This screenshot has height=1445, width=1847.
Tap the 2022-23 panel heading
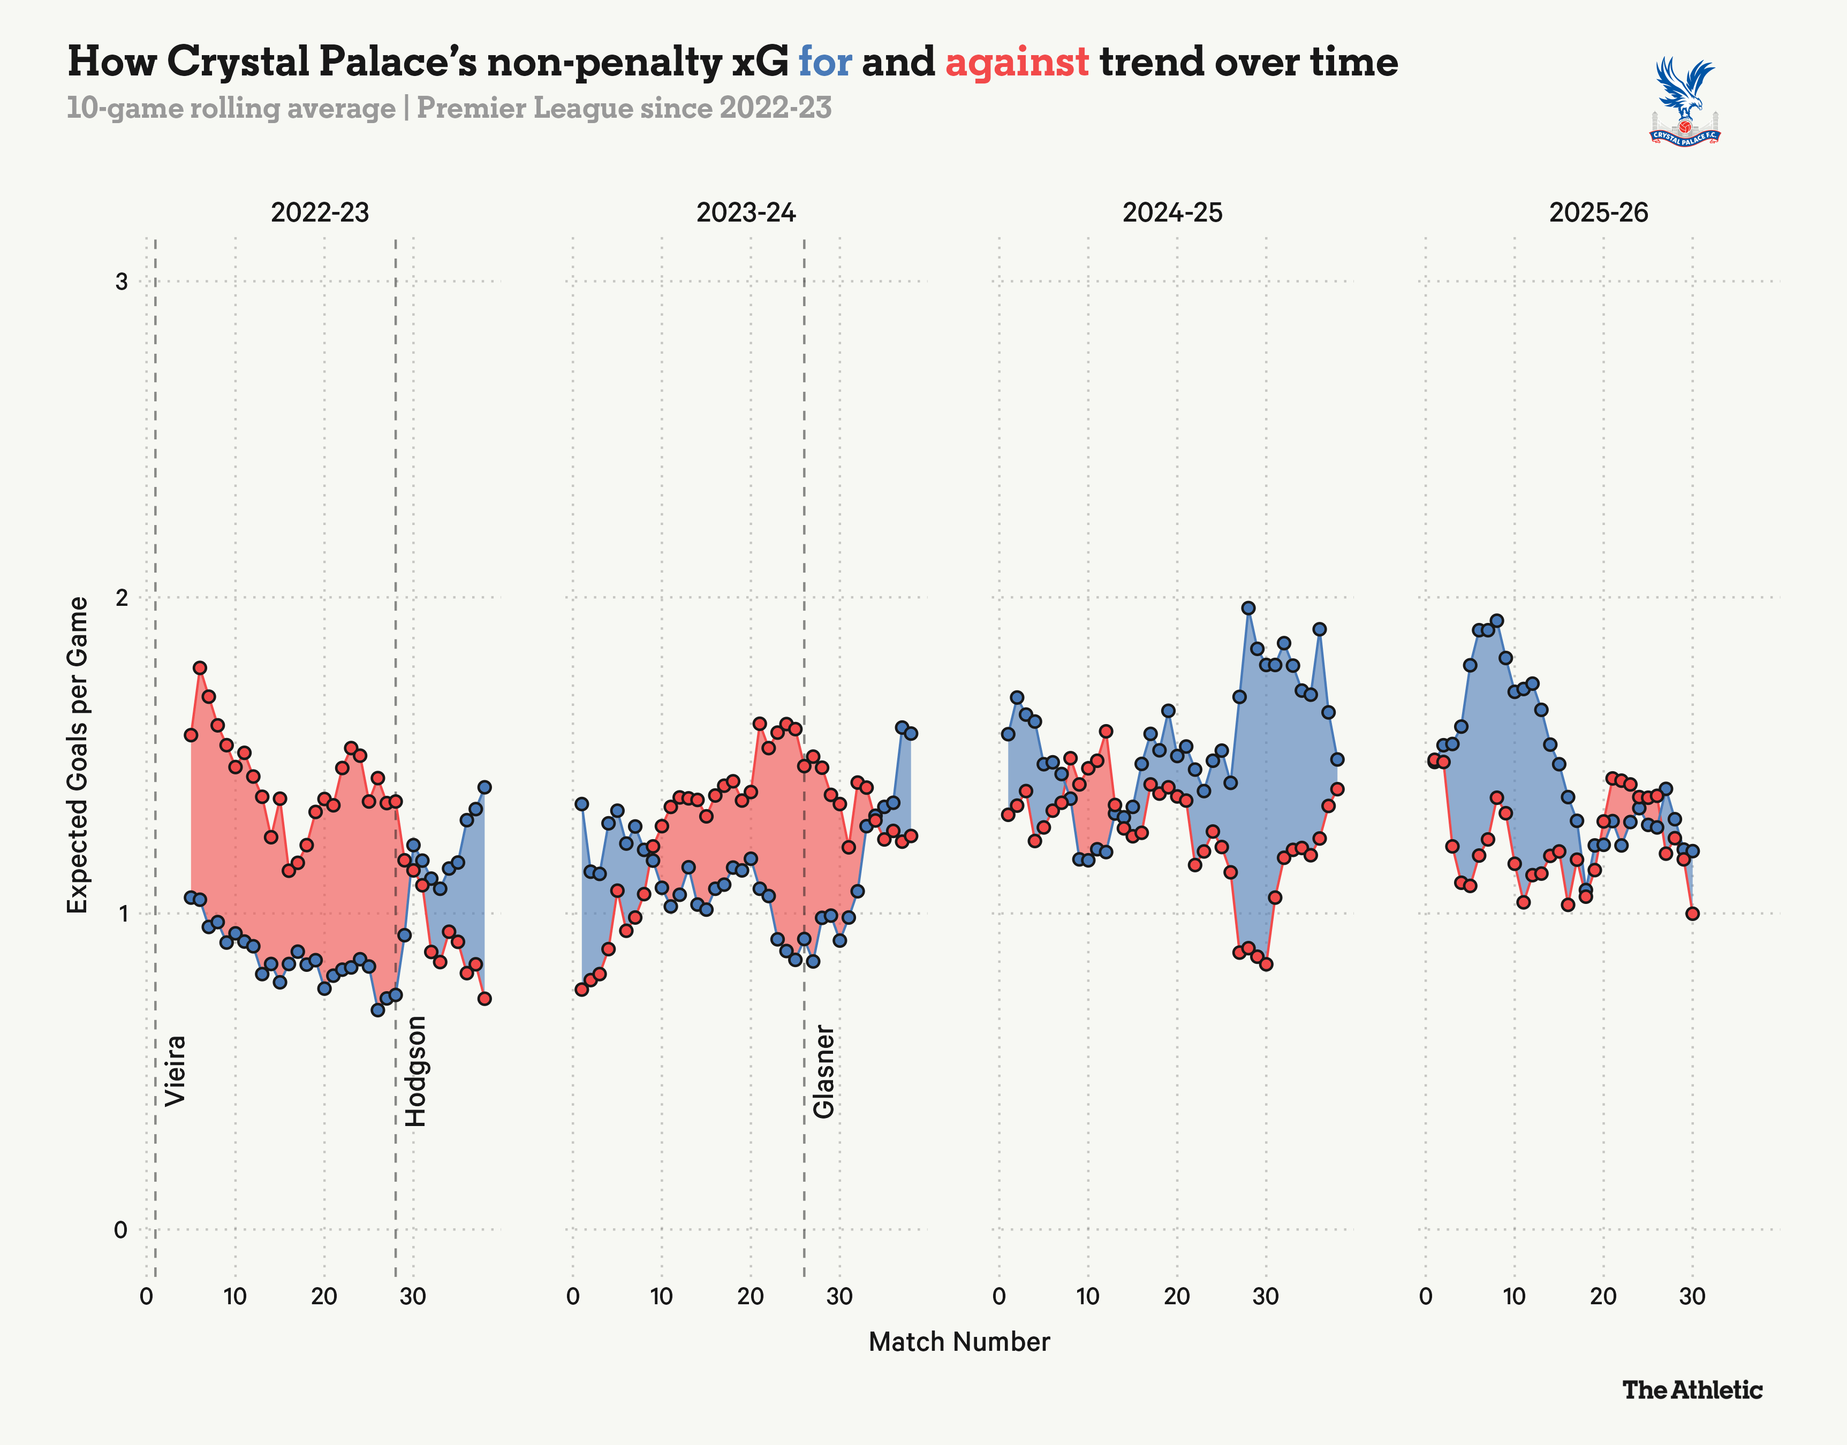(320, 212)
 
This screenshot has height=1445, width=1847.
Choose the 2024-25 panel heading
(1172, 212)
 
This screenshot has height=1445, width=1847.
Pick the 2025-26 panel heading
(1598, 212)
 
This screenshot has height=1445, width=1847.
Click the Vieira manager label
(175, 1070)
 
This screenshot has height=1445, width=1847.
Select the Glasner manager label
(823, 1072)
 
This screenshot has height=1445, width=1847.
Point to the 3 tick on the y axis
(121, 281)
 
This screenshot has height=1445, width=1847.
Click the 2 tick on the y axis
(121, 597)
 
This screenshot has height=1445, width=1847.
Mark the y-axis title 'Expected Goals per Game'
(78, 755)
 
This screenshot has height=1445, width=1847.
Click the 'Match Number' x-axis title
(959, 1342)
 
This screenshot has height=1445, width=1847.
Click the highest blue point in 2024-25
(1248, 609)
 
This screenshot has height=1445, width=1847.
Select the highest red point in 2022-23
(200, 667)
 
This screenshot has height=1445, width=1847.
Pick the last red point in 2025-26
(1692, 914)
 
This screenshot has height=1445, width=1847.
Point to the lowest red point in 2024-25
(1266, 964)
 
